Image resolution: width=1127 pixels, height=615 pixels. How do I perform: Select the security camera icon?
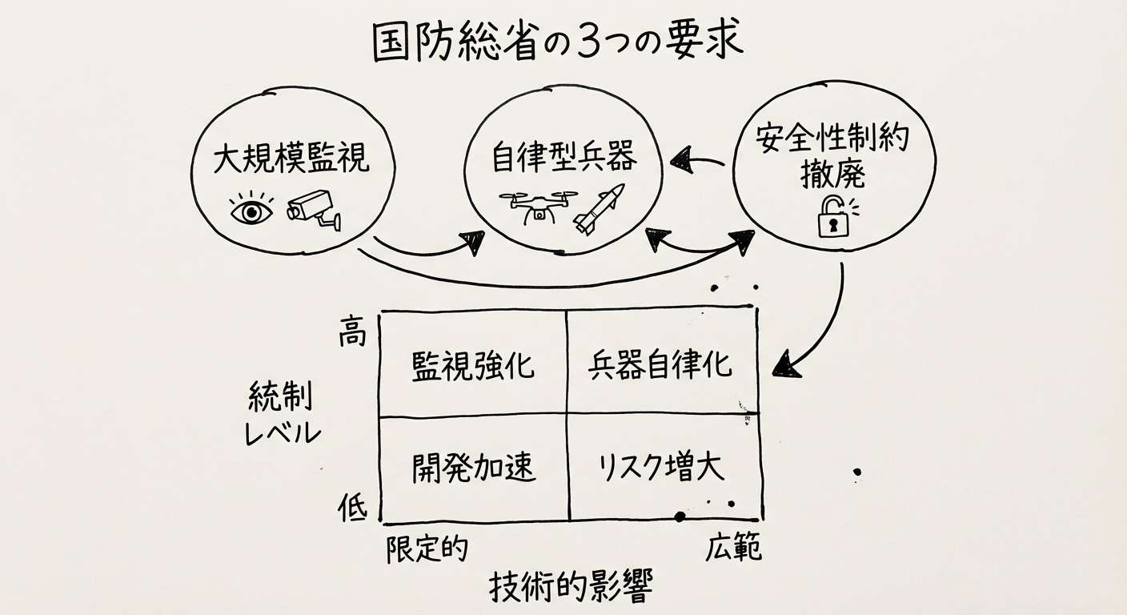314,210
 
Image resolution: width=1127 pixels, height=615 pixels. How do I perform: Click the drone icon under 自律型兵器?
538,207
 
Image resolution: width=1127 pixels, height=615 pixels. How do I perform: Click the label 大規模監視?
291,159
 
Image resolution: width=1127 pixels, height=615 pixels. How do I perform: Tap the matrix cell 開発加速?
473,468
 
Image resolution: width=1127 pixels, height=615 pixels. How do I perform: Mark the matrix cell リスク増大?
661,468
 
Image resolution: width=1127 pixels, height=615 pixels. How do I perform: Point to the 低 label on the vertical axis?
351,508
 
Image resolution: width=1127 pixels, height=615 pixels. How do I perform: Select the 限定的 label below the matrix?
426,549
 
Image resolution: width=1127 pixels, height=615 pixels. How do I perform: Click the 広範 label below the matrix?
733,549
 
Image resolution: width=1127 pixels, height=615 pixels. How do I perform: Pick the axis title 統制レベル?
281,415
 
